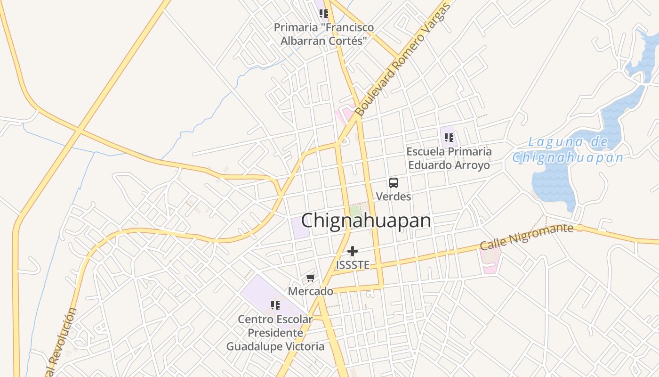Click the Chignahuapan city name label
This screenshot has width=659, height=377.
366,221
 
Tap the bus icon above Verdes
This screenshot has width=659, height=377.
394,183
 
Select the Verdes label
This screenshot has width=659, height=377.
394,197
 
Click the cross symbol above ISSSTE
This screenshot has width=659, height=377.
353,251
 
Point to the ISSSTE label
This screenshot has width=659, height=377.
353,265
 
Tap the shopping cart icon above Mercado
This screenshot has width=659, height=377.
310,278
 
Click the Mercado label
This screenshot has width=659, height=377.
311,291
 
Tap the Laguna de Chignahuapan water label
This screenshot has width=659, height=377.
568,150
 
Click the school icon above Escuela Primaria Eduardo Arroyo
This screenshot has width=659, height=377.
449,138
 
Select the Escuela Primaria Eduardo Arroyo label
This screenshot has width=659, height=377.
449,158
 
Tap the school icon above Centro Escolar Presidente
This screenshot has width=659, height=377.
275,305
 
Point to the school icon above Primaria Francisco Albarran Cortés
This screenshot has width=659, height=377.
323,14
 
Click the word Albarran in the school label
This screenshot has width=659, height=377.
302,41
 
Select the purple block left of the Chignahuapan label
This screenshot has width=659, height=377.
300,228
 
